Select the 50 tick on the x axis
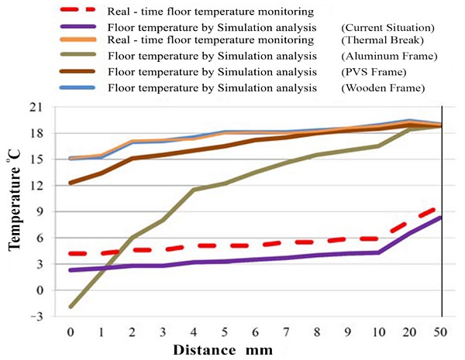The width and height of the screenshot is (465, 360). click(x=441, y=332)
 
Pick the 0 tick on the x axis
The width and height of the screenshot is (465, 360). click(x=71, y=332)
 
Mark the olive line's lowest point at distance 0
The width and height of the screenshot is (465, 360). click(x=71, y=307)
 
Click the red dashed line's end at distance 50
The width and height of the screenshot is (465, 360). click(x=441, y=207)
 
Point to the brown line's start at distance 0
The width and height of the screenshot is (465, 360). click(x=71, y=183)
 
